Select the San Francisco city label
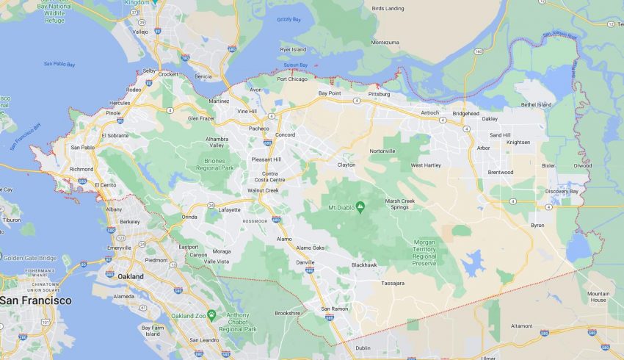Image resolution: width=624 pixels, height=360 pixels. coord(36,300)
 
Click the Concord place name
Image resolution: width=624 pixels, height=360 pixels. coord(285,135)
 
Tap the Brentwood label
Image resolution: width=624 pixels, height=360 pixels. coord(501,172)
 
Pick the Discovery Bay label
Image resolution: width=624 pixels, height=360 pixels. coord(562,191)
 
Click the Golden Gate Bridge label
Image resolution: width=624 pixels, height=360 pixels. coord(29,257)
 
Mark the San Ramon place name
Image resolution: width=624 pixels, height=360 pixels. coord(334,308)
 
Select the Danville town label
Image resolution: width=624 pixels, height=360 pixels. coord(306,262)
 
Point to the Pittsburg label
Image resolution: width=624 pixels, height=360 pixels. coord(379,94)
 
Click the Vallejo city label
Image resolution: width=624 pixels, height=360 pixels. coord(140,32)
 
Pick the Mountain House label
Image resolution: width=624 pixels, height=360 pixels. coord(598,297)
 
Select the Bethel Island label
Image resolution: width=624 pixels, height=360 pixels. coord(536,105)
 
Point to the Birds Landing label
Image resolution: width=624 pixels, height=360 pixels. coord(388,8)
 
